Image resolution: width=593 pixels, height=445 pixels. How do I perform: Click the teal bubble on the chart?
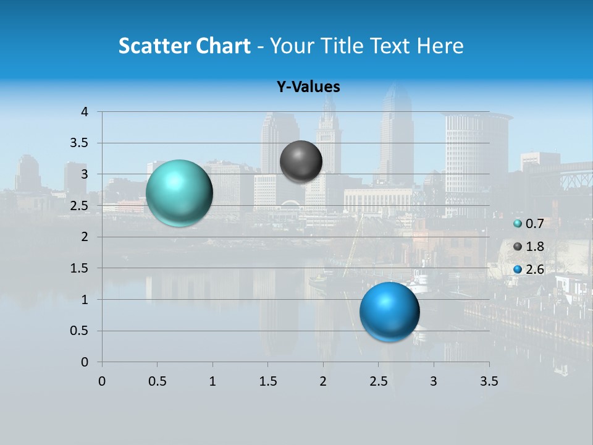click(x=179, y=193)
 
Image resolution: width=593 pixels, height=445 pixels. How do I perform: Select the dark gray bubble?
click(x=301, y=161)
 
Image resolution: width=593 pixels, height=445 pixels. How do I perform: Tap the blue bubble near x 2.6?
click(x=389, y=311)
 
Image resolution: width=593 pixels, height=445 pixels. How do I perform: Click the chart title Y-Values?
click(x=308, y=87)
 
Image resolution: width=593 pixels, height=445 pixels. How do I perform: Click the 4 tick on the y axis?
click(x=85, y=111)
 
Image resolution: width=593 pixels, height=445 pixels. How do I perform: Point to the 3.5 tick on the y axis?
click(x=79, y=143)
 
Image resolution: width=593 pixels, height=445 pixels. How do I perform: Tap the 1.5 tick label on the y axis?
click(x=79, y=268)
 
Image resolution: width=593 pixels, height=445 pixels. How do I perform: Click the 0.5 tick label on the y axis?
click(x=79, y=331)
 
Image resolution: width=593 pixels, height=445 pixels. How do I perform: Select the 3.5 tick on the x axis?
click(x=489, y=381)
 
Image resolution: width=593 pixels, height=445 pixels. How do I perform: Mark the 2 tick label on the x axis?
click(x=323, y=381)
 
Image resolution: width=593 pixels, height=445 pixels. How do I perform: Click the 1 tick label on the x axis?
click(x=212, y=381)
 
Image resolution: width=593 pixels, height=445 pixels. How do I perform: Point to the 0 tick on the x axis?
click(x=102, y=381)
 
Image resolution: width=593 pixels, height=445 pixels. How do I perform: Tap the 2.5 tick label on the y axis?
click(x=79, y=205)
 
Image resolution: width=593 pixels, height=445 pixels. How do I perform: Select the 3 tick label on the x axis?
click(x=434, y=381)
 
